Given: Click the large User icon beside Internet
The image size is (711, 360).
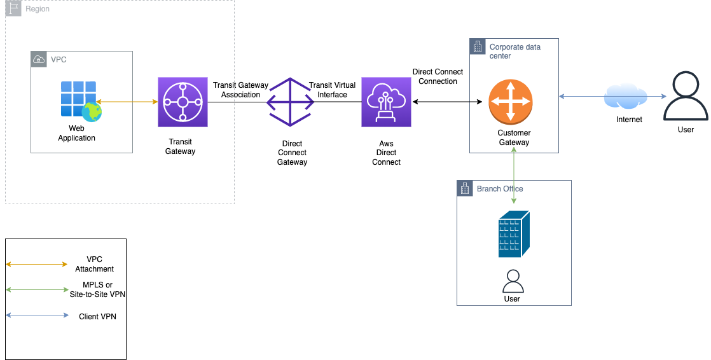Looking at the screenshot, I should (x=686, y=97).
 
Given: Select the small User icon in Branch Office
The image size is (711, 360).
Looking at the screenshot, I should (x=512, y=281).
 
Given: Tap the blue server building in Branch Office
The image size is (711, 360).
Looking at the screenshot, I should (x=513, y=234).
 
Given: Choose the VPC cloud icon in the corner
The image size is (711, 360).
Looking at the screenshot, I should (x=39, y=60).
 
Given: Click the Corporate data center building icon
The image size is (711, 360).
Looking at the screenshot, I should (x=478, y=47).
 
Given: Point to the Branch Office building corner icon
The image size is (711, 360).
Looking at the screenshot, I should (x=465, y=189).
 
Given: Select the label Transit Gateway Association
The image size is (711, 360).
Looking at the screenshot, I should (x=240, y=90).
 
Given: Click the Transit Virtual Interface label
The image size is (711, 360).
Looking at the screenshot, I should (x=333, y=90).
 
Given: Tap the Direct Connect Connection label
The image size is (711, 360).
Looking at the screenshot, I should (x=438, y=76).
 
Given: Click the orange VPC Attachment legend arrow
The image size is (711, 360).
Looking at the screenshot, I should (x=36, y=264).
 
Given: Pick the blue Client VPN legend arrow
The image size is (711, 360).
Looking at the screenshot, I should (x=36, y=315).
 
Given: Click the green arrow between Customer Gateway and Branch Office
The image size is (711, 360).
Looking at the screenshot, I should (x=513, y=176).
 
